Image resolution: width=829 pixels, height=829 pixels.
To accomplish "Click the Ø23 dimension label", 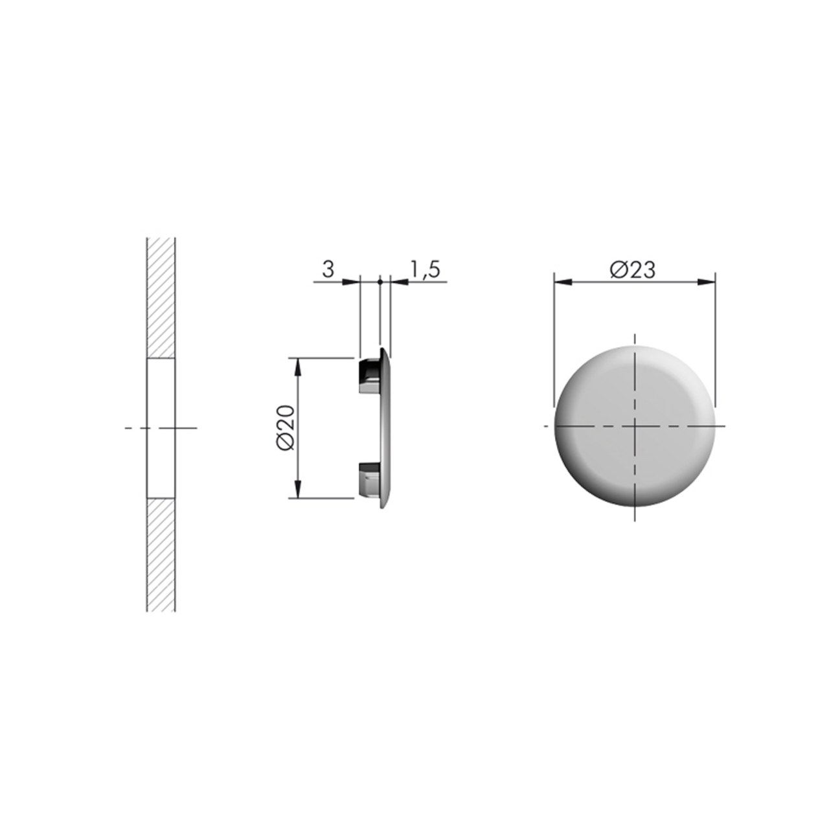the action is point(632,269).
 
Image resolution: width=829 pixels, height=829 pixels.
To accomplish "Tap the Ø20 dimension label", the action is point(286,428).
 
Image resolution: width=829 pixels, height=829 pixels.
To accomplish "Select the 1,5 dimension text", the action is point(425,269).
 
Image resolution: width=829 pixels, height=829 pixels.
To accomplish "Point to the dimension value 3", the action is point(328,269).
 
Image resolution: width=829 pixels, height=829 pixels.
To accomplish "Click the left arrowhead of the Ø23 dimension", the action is point(563,282).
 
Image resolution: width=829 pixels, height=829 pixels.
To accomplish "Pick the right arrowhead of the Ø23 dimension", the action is point(706,282).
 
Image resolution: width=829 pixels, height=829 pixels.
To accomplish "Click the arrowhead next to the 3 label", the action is point(350,282).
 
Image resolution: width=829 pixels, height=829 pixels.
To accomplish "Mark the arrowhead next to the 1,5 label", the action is point(400,282).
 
